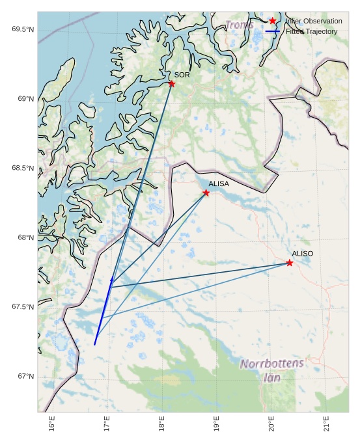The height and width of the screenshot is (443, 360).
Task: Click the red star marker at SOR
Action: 171,84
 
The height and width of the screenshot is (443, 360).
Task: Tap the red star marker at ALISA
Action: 206,193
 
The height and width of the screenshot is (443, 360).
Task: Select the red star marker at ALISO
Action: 289,263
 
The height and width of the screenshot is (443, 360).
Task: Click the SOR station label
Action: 182,75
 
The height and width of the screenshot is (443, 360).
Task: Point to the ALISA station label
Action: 219,184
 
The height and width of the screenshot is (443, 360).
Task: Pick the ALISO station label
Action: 302,253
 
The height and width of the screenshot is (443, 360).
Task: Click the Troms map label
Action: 240,25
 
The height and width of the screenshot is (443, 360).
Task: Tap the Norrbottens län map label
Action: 271,369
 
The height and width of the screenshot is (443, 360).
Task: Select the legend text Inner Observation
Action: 314,21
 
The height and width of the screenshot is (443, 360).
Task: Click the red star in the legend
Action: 273,21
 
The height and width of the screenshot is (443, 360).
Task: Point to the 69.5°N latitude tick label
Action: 22,29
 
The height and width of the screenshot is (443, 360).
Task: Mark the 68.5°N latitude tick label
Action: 22,168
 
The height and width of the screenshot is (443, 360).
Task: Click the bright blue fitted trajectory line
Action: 103,312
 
